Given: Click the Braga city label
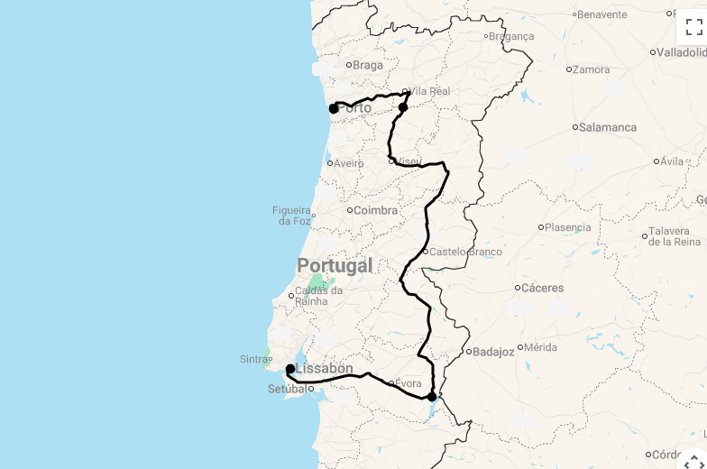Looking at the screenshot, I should point(367,65).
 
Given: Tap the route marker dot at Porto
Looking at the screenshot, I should point(334,108).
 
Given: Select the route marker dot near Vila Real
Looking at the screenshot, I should point(403,107).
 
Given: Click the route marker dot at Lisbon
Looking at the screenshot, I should point(290,369).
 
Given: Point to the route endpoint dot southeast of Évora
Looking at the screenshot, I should point(432,396).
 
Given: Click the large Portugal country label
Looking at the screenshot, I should point(335,265).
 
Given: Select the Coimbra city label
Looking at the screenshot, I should point(374,210).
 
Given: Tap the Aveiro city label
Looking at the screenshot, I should point(348,163).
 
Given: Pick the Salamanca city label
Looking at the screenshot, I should point(607,127).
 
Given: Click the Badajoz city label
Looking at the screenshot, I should point(493,352).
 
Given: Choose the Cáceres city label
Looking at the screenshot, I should point(543,289).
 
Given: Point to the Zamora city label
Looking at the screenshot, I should point(591,69).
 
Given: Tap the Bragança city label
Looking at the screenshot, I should point(510,37).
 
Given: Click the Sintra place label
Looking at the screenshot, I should point(253,359).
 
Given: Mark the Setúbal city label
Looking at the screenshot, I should point(287,390).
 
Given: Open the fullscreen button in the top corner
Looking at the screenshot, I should point(693,27).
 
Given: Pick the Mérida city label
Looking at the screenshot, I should point(539,347).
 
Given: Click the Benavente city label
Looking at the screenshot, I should point(601,14).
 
